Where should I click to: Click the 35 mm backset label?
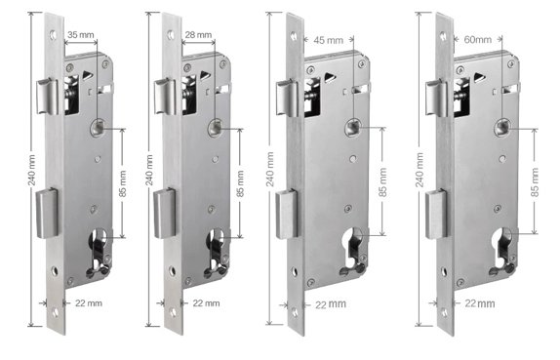[x=81, y=35]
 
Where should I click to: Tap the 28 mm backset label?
[x=198, y=35]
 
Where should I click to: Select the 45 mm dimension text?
[x=328, y=40]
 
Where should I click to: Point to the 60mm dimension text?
[x=477, y=40]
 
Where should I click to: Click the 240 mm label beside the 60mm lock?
[x=420, y=170]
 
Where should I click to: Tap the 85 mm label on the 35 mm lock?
[x=123, y=183]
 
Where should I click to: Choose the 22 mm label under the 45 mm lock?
[x=331, y=304]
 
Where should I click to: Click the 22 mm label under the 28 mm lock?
[x=206, y=303]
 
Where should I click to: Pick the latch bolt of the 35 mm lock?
[x=47, y=97]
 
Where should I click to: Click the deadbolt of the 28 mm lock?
[x=164, y=214]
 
